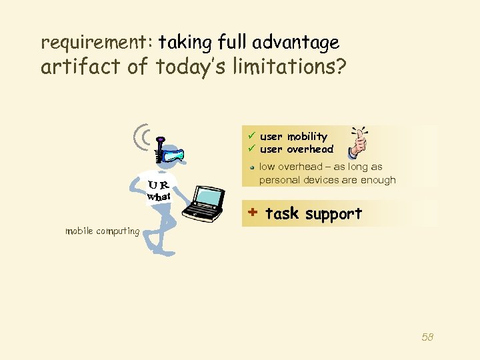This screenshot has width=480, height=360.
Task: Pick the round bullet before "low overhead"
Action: tap(252, 167)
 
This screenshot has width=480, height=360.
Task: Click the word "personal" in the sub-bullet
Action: tap(279, 180)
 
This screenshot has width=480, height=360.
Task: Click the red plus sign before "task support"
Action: tap(252, 213)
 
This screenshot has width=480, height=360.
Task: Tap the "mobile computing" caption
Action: tap(102, 231)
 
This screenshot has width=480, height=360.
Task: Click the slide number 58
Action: tap(427, 337)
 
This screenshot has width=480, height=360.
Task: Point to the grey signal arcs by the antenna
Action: tap(142, 137)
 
